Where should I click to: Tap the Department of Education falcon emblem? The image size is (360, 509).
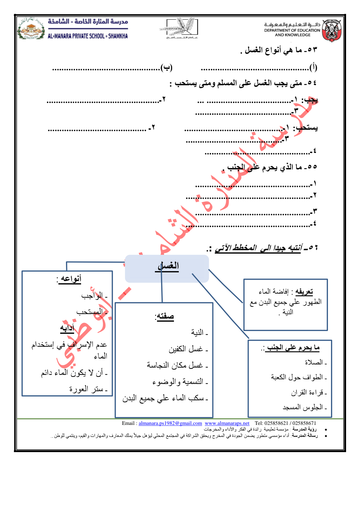tap(332, 30)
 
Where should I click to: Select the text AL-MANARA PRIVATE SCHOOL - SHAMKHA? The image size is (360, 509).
tap(88, 36)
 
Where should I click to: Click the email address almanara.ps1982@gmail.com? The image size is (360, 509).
tap(170, 423)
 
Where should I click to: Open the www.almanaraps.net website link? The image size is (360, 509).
tap(227, 423)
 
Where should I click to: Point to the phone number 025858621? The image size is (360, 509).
tap(276, 423)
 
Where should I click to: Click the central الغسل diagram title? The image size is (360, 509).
tap(168, 266)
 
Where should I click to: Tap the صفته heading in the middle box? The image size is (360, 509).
tap(165, 316)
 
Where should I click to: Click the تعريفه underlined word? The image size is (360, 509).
tap(304, 292)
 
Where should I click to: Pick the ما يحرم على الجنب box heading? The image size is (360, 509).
tap(292, 348)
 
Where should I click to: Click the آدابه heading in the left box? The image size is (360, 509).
tap(67, 328)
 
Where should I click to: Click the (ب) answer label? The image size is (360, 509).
tap(166, 67)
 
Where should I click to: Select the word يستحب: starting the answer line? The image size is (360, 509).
tap(306, 128)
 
